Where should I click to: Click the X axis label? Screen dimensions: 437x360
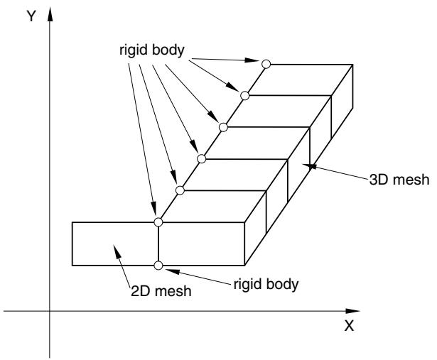click(x=349, y=325)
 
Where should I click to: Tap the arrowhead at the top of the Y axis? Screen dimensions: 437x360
click(x=50, y=14)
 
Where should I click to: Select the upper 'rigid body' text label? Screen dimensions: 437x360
click(x=152, y=50)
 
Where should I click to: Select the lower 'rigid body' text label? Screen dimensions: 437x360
click(x=266, y=285)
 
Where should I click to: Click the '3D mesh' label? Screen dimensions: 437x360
click(x=399, y=180)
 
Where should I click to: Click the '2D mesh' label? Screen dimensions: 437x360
click(x=161, y=291)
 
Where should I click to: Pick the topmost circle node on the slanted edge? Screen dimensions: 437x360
click(x=266, y=64)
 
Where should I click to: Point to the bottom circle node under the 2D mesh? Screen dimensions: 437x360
click(x=158, y=266)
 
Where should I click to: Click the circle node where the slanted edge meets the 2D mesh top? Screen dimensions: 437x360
click(x=158, y=222)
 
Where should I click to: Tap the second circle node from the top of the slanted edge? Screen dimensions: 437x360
click(x=244, y=95)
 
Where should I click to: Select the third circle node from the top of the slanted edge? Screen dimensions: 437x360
click(x=223, y=127)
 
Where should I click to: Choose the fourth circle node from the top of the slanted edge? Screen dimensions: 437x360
click(x=202, y=159)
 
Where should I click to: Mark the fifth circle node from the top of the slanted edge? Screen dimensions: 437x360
click(x=180, y=190)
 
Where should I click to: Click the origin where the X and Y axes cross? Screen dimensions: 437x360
click(x=50, y=311)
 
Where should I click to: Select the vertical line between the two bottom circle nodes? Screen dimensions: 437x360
click(x=158, y=244)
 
